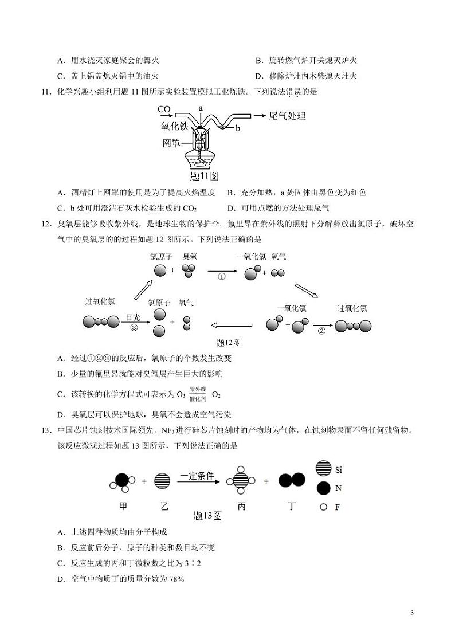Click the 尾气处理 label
(x=287, y=116)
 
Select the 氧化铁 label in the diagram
(x=174, y=126)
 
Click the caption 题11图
(x=204, y=176)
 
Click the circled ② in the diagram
(x=321, y=331)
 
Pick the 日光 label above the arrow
(x=134, y=317)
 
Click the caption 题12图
(x=229, y=343)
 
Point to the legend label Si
(x=339, y=470)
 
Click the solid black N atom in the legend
(x=323, y=488)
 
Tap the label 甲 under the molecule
(x=123, y=507)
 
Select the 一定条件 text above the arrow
(x=197, y=476)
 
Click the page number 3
(x=412, y=613)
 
